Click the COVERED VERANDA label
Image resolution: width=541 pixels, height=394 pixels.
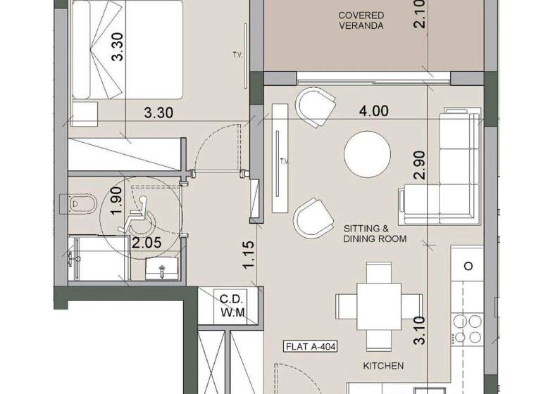click(x=361, y=20)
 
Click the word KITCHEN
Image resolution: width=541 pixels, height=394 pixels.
click(x=383, y=366)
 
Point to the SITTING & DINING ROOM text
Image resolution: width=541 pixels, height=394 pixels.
click(x=375, y=234)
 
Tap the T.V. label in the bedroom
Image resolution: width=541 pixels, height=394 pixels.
click(x=237, y=54)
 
